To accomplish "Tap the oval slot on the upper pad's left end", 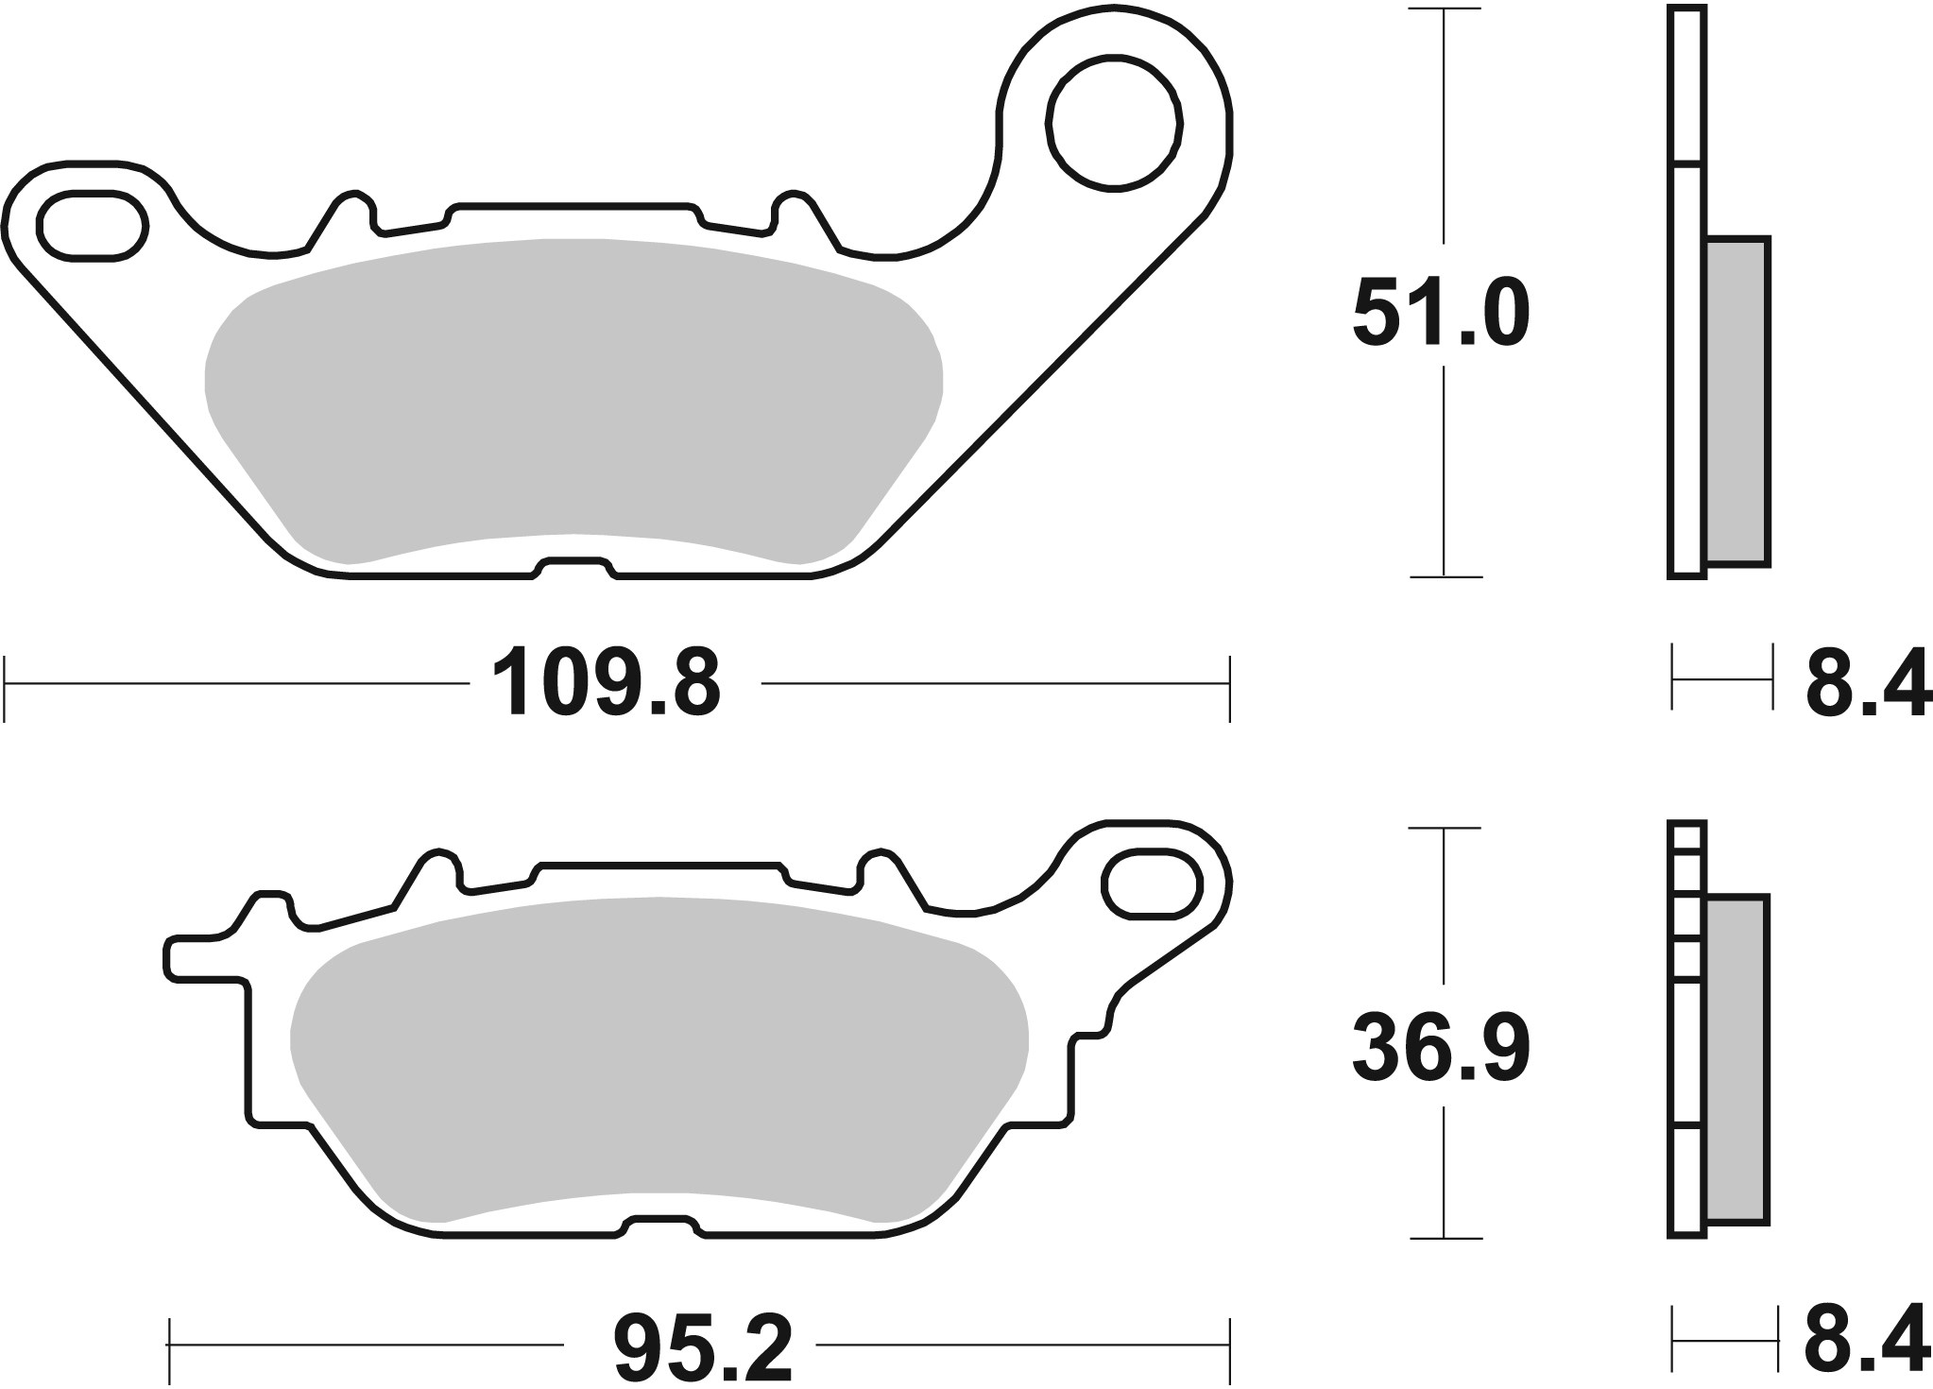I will point(93,224).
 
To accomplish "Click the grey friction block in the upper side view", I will point(1738,402).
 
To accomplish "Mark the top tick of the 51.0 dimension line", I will point(1445,9).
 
